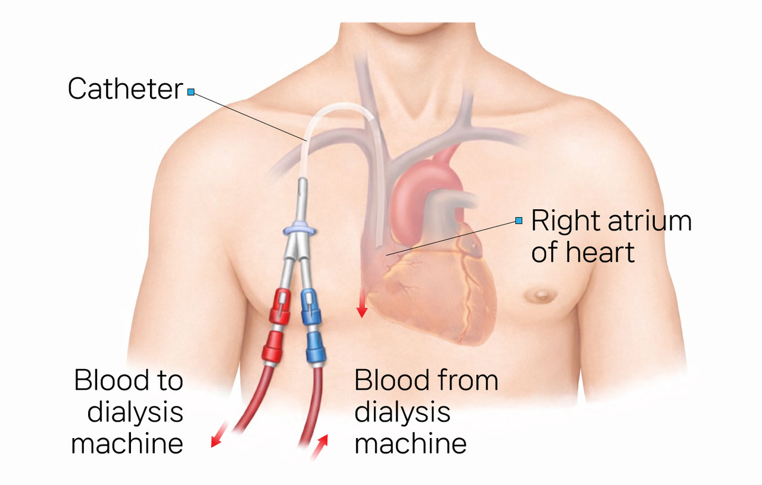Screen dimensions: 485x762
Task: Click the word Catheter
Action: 125,89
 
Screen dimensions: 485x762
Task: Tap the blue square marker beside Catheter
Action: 190,92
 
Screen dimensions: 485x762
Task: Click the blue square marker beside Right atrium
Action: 519,221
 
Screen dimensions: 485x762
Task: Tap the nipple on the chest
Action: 542,293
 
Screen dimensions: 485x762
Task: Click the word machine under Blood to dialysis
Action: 126,443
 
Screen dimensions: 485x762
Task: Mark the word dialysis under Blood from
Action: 402,412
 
